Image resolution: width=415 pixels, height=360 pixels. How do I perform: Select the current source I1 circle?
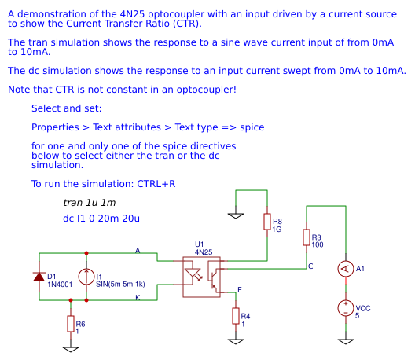pyautogui.click(x=86, y=276)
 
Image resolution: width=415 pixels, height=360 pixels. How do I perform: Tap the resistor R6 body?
pyautogui.click(x=71, y=323)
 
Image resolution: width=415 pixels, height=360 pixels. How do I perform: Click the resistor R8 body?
pyautogui.click(x=267, y=222)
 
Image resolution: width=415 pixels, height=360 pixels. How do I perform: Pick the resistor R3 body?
pyautogui.click(x=306, y=237)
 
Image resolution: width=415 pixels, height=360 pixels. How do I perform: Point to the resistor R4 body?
pyautogui.click(x=235, y=315)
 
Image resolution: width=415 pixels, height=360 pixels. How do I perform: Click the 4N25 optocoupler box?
pyautogui.click(x=201, y=276)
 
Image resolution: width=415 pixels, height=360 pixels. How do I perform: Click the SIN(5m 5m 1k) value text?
pyautogui.click(x=121, y=285)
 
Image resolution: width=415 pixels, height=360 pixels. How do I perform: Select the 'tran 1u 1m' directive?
pyautogui.click(x=89, y=203)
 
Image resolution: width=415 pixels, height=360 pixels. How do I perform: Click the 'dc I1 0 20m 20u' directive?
pyautogui.click(x=101, y=218)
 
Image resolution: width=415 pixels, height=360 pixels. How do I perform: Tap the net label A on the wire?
pyautogui.click(x=138, y=250)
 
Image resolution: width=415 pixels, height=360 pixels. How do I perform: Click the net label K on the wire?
pyautogui.click(x=138, y=298)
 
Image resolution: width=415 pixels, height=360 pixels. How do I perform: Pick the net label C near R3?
pyautogui.click(x=310, y=266)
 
